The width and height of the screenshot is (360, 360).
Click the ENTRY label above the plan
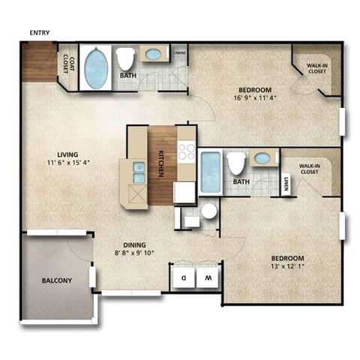[40, 32]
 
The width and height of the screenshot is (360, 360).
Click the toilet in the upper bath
[124, 59]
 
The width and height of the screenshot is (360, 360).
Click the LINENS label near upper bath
[180, 53]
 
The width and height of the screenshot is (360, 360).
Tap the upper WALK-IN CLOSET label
[317, 69]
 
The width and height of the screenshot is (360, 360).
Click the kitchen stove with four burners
[187, 153]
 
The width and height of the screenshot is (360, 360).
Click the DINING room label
[133, 244]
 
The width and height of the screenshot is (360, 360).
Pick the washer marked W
[208, 277]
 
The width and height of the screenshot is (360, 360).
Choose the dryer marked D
[183, 277]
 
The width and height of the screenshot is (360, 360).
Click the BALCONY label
[55, 281]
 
